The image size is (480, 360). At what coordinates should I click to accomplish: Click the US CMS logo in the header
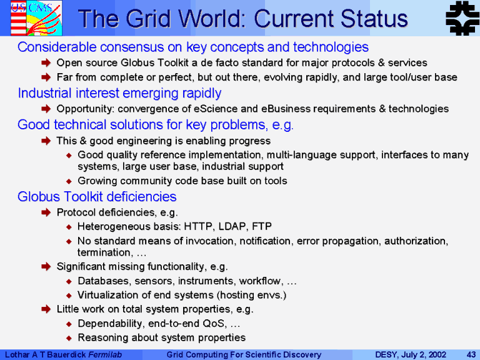[36, 18]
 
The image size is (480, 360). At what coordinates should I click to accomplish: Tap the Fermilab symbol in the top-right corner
[462, 18]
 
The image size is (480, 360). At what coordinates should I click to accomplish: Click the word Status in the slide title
[374, 19]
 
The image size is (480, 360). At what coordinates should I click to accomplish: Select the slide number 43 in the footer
[471, 354]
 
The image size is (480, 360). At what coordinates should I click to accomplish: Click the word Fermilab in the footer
[105, 354]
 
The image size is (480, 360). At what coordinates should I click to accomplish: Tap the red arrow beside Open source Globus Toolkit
[46, 62]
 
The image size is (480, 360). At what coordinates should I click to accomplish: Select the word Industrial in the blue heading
[45, 93]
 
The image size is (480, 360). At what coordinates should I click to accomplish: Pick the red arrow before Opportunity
[46, 109]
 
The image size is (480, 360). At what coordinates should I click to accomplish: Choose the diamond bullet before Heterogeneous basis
[69, 227]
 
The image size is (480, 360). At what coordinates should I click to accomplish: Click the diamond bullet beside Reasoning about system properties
[69, 338]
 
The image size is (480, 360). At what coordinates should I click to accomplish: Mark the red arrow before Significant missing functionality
[46, 267]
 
